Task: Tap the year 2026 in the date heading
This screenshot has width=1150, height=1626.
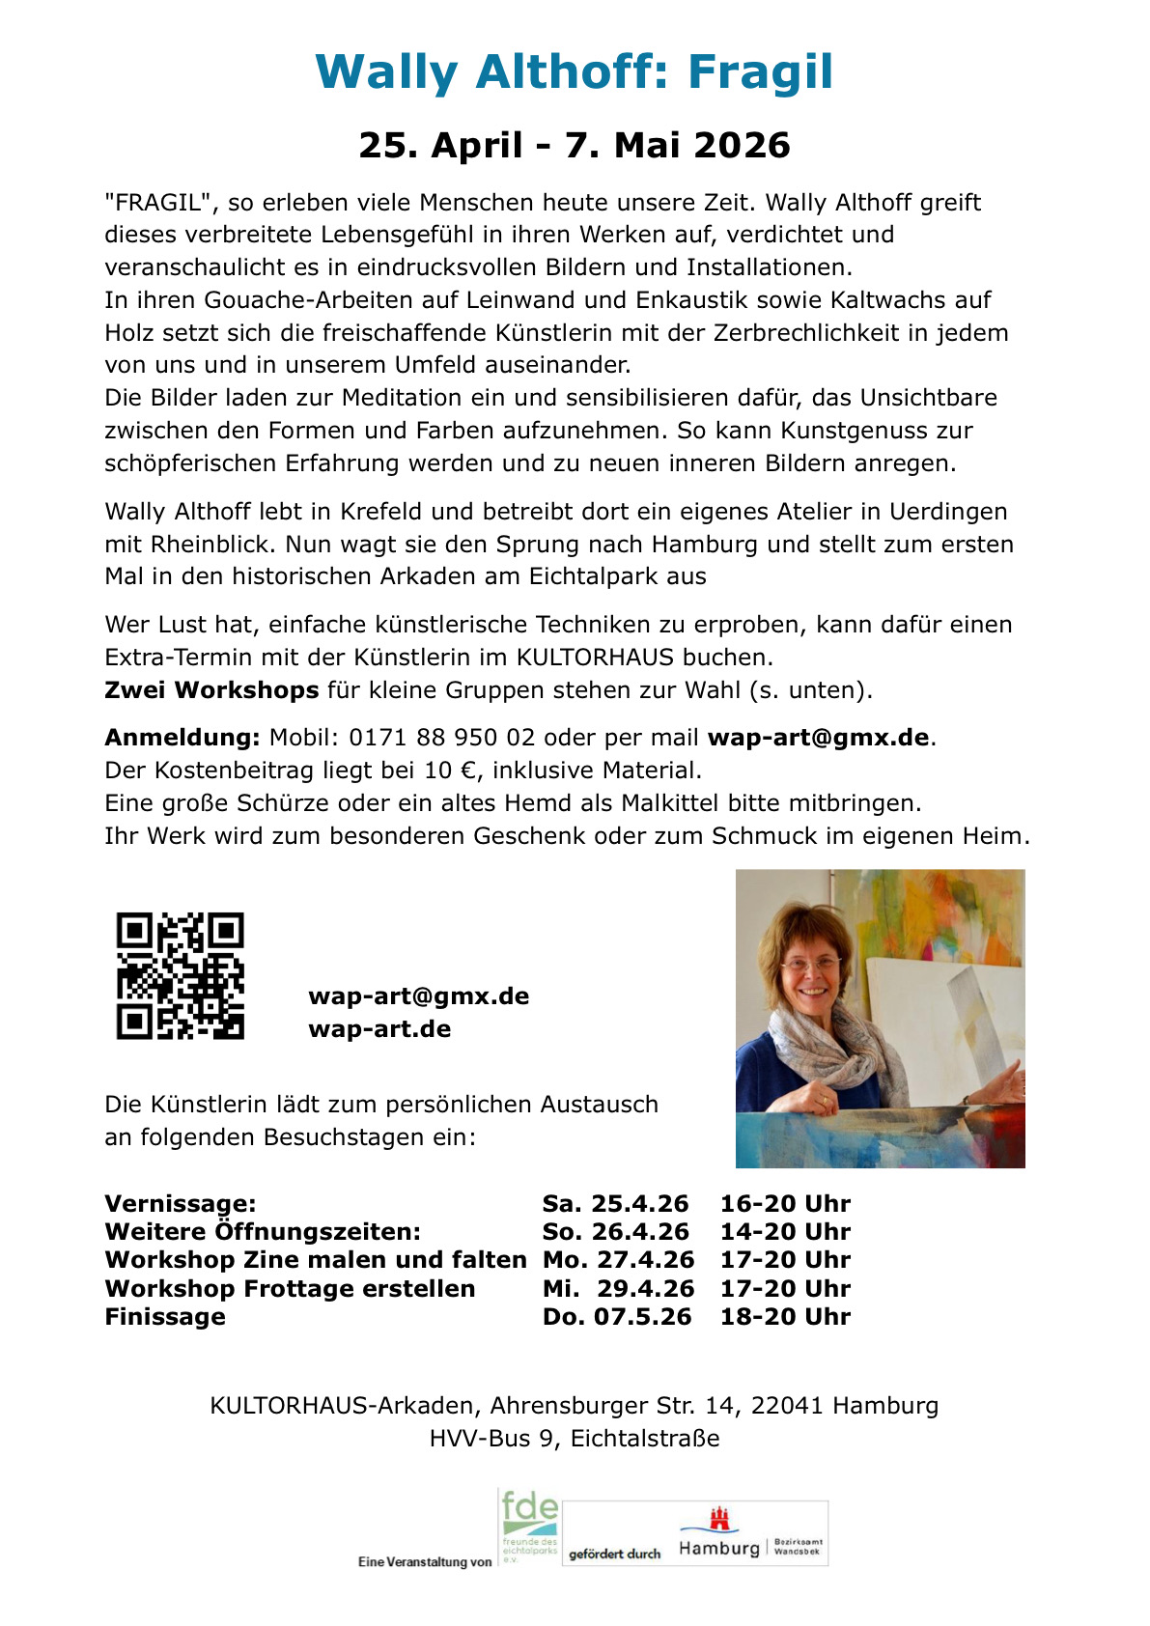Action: (742, 146)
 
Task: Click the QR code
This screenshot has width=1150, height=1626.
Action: (180, 975)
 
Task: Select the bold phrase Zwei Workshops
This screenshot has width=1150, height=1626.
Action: (211, 690)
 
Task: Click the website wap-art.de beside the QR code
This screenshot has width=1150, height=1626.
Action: (379, 1029)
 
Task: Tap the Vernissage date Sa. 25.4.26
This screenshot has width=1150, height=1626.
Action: (615, 1204)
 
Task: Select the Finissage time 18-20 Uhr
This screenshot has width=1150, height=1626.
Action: (785, 1317)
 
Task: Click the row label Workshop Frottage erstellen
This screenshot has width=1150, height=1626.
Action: (290, 1289)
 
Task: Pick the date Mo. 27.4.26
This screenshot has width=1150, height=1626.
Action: (618, 1260)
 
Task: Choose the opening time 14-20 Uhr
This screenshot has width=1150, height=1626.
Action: (785, 1232)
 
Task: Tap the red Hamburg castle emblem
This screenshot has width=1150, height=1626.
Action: (719, 1519)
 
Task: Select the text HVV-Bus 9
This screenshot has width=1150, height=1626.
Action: (492, 1439)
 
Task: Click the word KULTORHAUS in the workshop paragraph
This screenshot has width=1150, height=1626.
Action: (595, 658)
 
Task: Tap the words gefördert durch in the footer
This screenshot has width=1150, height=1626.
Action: (614, 1554)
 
